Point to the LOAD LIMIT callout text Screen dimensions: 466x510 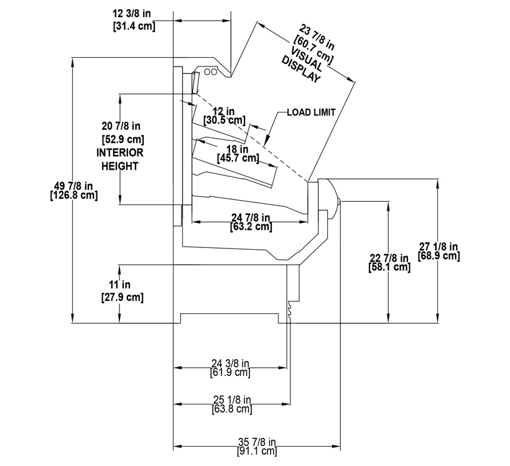click(x=311, y=112)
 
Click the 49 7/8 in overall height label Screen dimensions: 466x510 click(x=73, y=185)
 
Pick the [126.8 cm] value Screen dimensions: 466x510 click(x=73, y=195)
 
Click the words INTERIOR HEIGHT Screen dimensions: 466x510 click(x=119, y=159)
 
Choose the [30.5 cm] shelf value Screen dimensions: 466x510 click(x=224, y=119)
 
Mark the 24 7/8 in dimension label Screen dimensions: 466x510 click(x=251, y=217)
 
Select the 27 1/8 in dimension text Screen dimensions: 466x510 click(x=438, y=246)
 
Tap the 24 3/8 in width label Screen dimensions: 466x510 click(x=230, y=363)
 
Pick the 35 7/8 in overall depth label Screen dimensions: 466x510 click(x=256, y=442)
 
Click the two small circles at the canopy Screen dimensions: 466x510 click(x=211, y=71)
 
